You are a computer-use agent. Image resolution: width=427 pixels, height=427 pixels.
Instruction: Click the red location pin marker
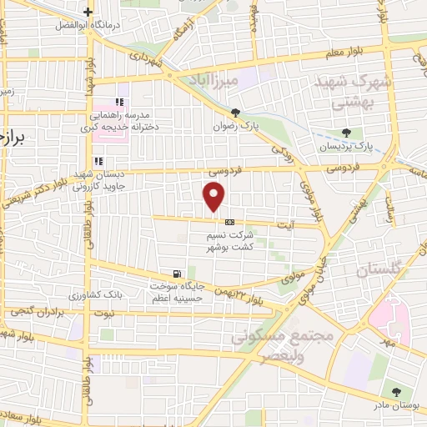pos(214,198)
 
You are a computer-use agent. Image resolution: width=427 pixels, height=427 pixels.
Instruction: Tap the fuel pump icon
pos(176,274)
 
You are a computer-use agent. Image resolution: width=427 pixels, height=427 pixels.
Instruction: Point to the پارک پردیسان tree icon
pos(346,133)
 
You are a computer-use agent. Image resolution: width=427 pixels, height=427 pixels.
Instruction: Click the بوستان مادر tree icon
pos(396,391)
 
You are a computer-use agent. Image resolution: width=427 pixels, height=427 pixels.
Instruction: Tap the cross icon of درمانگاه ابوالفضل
pos(88,13)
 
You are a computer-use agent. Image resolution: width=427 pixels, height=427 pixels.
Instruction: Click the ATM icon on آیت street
pos(229,222)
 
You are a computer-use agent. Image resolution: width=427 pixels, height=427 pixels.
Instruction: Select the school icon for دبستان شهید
pos(98,161)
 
